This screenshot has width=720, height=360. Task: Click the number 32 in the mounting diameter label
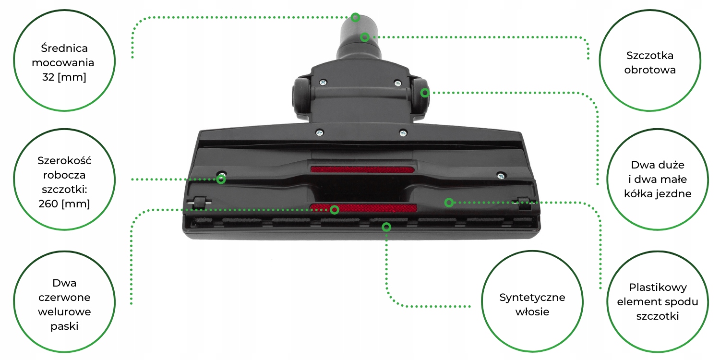tap(48, 77)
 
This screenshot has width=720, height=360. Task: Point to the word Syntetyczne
tap(532, 297)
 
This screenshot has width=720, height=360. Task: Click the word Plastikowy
tap(658, 288)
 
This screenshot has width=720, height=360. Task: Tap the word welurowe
tap(64, 312)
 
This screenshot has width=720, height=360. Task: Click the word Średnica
tap(64, 48)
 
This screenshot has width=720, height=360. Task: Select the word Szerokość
tap(64, 160)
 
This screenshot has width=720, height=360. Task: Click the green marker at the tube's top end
tap(355, 17)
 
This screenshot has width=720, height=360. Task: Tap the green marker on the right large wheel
tap(425, 93)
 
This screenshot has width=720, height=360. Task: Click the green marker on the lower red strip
tap(335, 209)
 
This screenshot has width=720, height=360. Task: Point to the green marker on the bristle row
tap(386, 227)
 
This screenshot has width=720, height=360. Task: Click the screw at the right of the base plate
tap(501, 176)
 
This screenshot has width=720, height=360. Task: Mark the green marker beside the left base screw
tap(221, 179)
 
